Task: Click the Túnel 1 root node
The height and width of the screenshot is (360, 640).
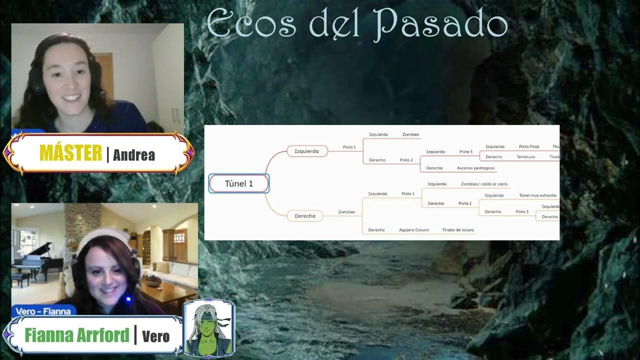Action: point(239,183)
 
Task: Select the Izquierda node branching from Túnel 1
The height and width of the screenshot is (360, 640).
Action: point(306,151)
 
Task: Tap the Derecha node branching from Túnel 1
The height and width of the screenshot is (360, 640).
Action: point(304,216)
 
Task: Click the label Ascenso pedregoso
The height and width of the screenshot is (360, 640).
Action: point(475,168)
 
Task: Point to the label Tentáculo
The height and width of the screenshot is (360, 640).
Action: point(525,157)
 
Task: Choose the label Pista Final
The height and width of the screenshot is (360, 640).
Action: point(529,146)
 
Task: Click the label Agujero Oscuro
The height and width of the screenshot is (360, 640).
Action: point(413,230)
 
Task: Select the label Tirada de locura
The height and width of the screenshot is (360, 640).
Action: point(457,230)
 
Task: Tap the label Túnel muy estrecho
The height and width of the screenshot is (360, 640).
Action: point(537,195)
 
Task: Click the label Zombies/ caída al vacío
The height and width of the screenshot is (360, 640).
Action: point(484,184)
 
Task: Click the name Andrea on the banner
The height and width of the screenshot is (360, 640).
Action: point(134,155)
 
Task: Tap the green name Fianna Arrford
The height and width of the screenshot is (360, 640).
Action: point(77,335)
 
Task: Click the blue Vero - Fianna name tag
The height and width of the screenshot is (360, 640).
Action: point(43,311)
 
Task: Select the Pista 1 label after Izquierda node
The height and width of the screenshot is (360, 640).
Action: point(349,147)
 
